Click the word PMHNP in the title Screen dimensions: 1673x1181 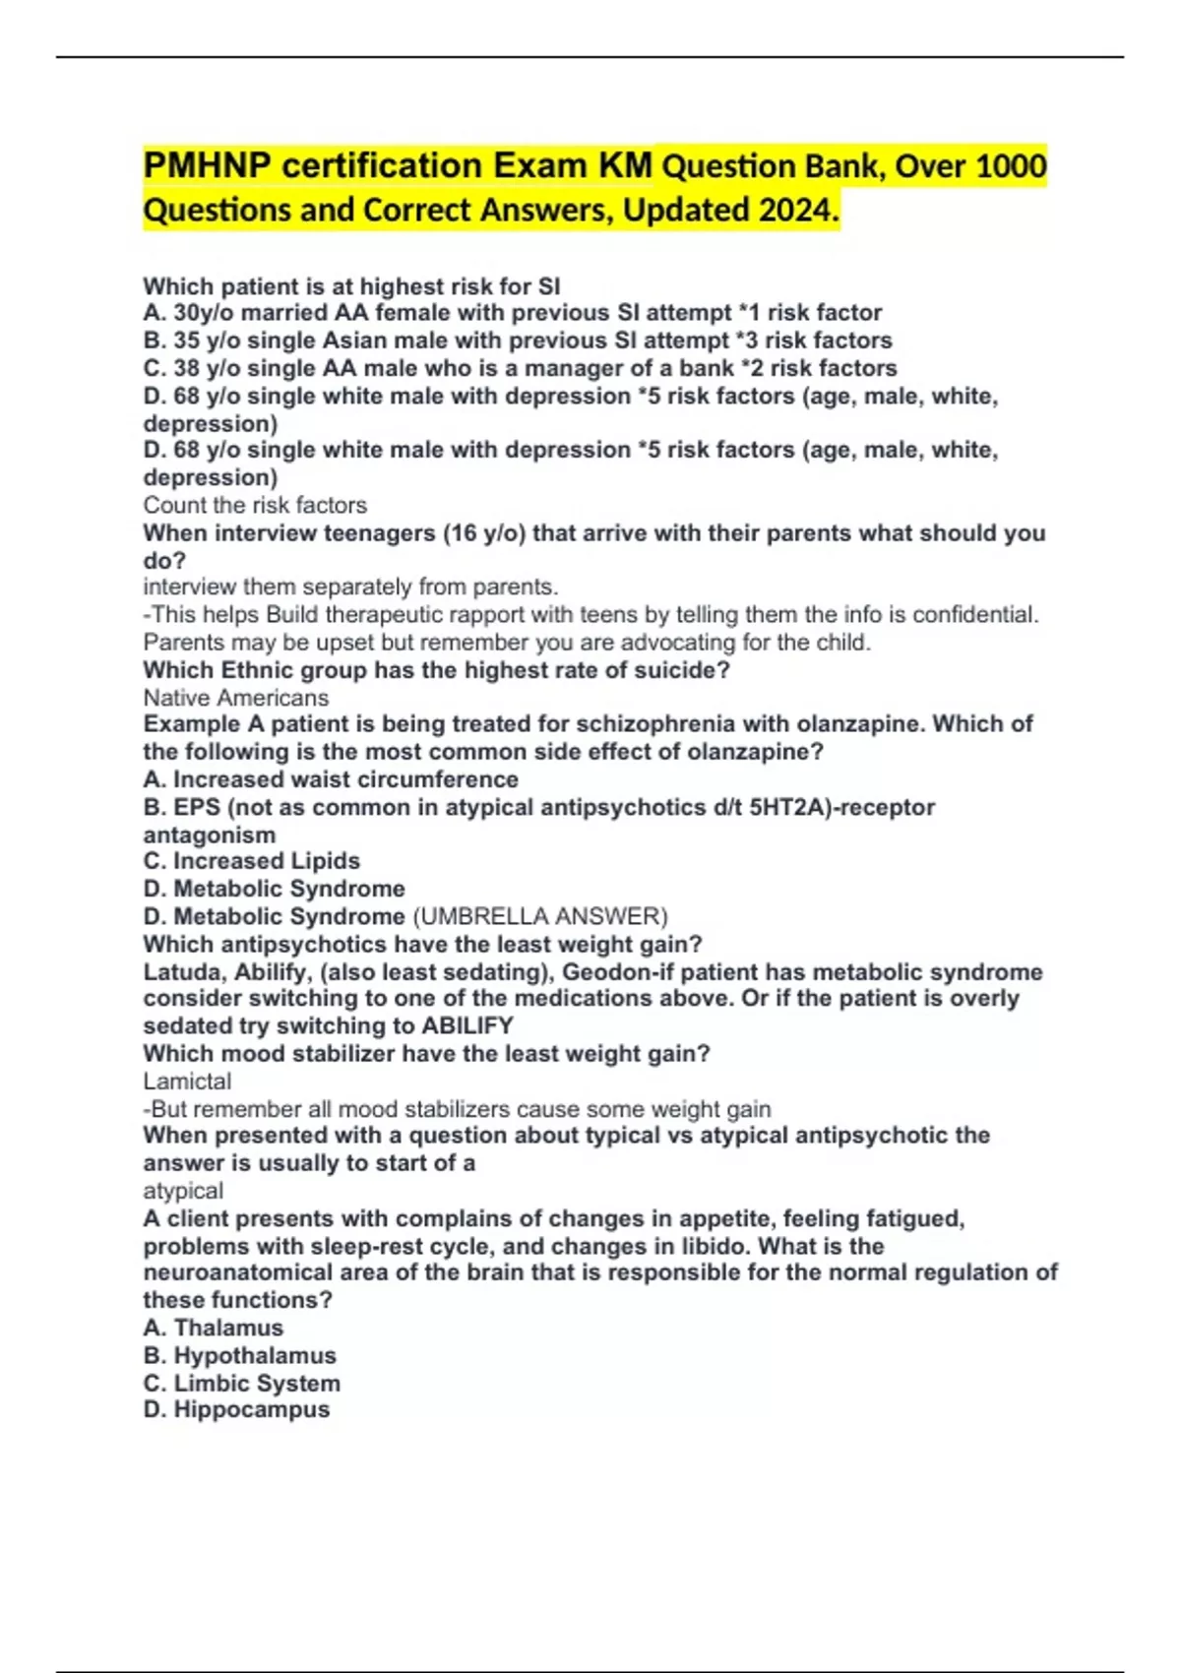[208, 165]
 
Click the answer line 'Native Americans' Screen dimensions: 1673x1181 [236, 698]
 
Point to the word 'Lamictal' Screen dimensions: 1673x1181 [187, 1081]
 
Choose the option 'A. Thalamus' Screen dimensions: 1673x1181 [214, 1328]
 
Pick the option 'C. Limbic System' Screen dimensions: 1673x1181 [242, 1383]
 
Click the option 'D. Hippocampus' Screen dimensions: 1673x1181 [236, 1409]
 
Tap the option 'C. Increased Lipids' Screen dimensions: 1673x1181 [252, 861]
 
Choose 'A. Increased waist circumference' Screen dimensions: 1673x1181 [331, 779]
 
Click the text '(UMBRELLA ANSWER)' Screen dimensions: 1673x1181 [539, 916]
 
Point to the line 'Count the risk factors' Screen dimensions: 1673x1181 [255, 505]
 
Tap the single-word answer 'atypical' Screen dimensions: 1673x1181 [183, 1191]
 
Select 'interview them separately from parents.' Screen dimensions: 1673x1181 [350, 587]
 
